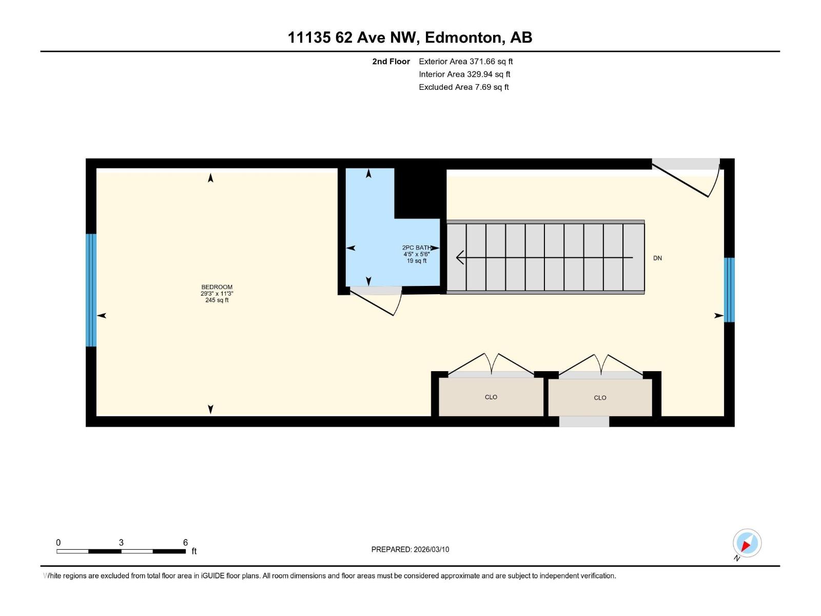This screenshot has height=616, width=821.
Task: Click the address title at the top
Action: pos(409,37)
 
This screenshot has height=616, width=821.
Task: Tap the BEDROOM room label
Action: pos(217,287)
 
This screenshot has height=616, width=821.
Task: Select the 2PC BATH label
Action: pos(417,247)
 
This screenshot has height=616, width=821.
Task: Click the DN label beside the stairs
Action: pos(657,258)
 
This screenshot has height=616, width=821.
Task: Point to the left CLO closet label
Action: pos(491,397)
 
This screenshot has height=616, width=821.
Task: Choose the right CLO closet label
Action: pos(600,398)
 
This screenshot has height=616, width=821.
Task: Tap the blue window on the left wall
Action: pos(91,290)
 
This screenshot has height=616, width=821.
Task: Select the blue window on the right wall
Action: pos(729,290)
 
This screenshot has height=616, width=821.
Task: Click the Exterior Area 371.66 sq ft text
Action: pos(465,62)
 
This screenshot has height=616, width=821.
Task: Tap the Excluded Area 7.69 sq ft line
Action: pos(463,87)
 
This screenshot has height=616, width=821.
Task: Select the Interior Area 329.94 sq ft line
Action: pos(464,74)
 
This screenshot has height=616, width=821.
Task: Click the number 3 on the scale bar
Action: pos(121,543)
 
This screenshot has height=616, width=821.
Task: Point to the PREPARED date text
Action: pos(410,549)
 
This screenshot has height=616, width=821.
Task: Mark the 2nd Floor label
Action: pos(391,62)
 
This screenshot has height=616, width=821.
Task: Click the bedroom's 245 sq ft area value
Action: pos(217,300)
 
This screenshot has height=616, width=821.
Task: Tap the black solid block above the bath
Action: pos(419,192)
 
